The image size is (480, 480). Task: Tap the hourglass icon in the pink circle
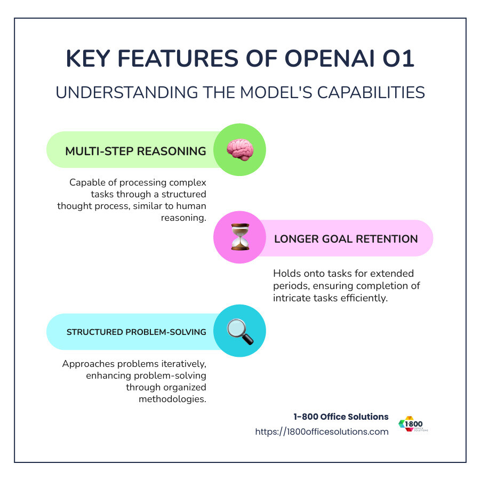[239, 238]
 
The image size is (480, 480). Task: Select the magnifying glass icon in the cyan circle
[239, 331]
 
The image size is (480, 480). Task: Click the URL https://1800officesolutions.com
[322, 431]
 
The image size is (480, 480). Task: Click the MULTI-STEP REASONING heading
[135, 151]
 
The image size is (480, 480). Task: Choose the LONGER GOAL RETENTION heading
[346, 238]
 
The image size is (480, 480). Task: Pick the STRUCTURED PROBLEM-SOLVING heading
[136, 332]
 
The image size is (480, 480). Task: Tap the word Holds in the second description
[286, 274]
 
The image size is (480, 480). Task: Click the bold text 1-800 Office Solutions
[341, 417]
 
